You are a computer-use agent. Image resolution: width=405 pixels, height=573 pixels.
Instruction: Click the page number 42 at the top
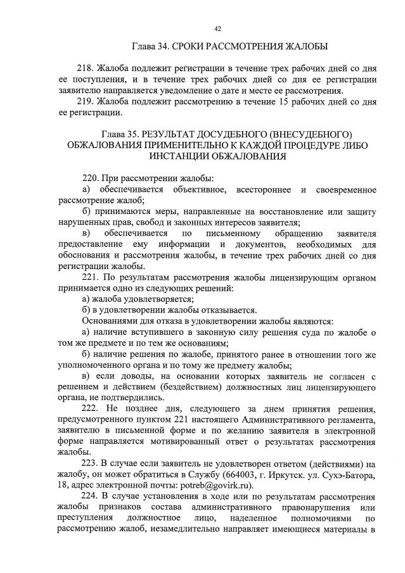pos(217,28)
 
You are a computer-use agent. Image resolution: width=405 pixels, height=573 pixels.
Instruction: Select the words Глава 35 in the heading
pos(121,134)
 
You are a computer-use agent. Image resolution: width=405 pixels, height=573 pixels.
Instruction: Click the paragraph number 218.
pos(85,68)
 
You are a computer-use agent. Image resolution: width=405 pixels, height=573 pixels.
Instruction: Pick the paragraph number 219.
pos(85,102)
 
